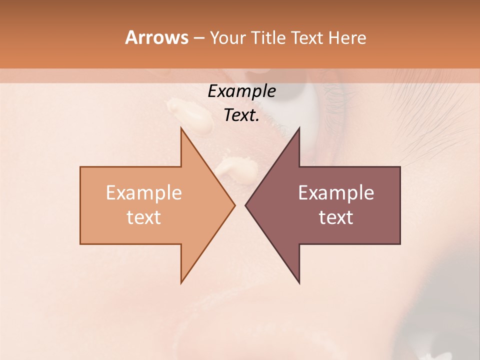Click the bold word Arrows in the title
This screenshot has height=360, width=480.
pos(156,37)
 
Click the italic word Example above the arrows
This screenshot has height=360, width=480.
pos(241,91)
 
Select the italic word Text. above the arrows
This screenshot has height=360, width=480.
pos(241,115)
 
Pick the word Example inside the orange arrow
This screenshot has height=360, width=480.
pos(144,193)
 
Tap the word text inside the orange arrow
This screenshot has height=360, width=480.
pos(144,217)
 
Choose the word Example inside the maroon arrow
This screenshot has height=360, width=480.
pos(336,193)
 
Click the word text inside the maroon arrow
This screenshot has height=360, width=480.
pos(336,217)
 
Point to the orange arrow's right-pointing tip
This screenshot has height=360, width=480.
pos(234,205)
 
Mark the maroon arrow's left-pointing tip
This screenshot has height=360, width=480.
pos(246,205)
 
